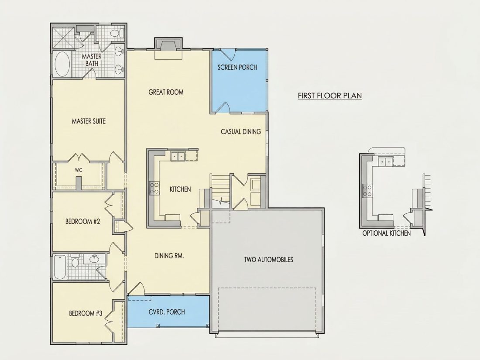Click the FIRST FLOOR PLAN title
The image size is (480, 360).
pos(330,96)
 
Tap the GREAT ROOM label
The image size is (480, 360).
pos(166,92)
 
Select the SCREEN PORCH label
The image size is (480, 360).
pos(237,67)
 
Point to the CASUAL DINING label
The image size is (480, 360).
pos(241,132)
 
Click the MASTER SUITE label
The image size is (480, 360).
pos(89,121)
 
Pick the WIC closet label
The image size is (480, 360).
pos(79,170)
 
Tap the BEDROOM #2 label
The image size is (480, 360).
pos(82,221)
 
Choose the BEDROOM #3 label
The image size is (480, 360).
pos(86,313)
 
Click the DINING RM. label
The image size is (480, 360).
pos(169,256)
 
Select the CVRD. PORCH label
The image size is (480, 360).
pos(167,312)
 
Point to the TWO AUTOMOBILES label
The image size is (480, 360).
pos(268,260)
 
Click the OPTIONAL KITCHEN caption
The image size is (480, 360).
pos(387,233)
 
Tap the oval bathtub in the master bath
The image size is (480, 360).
pos(62,64)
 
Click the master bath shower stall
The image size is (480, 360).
pos(63,38)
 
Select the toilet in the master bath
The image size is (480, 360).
pos(117,33)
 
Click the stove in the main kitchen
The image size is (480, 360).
pos(154,188)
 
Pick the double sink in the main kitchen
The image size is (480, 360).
pos(178,156)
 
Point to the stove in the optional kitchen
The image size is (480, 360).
pos(367,190)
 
